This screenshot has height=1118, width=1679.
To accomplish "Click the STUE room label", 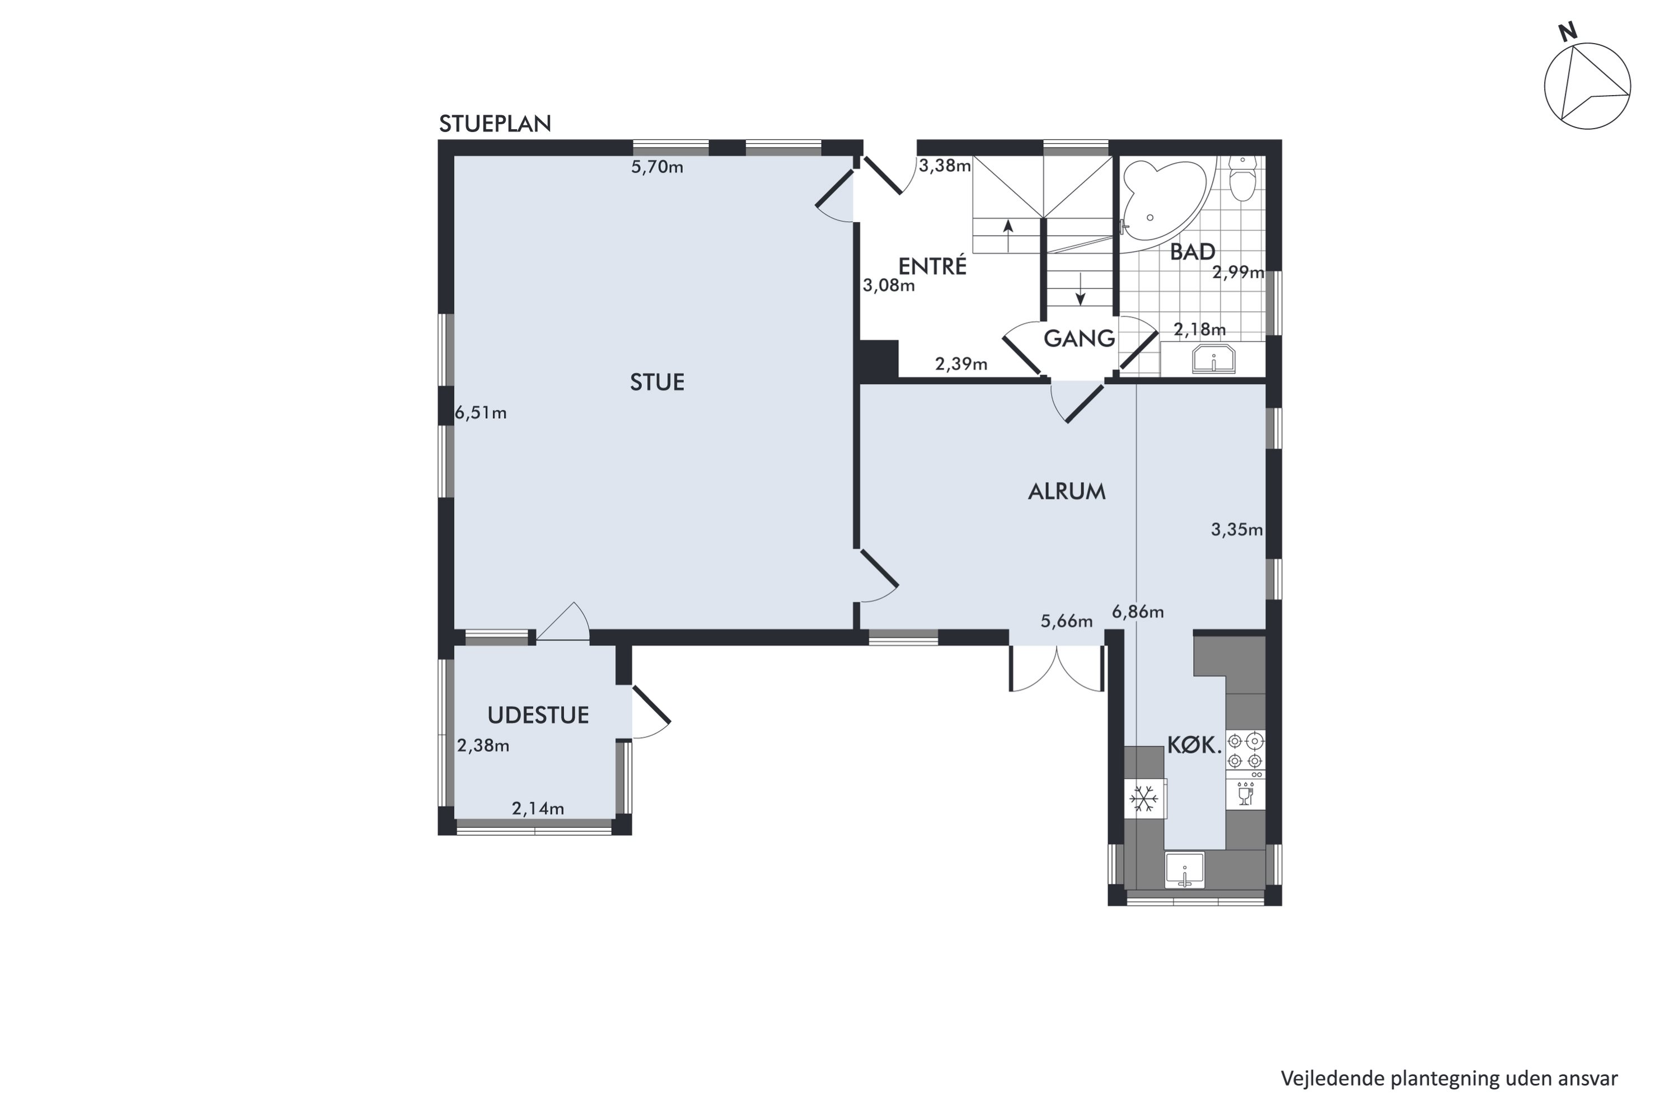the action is [x=656, y=382].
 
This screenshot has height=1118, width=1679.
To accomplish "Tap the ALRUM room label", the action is [x=1067, y=491].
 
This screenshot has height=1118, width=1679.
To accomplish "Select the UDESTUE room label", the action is [x=538, y=715].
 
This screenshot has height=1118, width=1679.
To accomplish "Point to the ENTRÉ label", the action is [x=932, y=265].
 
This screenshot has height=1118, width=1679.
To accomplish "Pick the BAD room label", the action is [x=1193, y=252].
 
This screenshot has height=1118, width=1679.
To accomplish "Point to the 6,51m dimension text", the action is [x=481, y=413].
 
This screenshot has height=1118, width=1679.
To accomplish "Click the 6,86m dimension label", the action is [x=1138, y=612].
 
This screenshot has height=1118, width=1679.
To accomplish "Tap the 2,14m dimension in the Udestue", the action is [x=538, y=809].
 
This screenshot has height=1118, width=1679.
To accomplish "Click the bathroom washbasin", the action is [x=1213, y=359].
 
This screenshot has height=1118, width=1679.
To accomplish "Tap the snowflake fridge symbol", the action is [x=1145, y=798].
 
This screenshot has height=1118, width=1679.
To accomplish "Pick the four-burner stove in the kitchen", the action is [x=1245, y=751].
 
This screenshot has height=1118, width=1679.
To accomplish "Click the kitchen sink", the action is [x=1184, y=870].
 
